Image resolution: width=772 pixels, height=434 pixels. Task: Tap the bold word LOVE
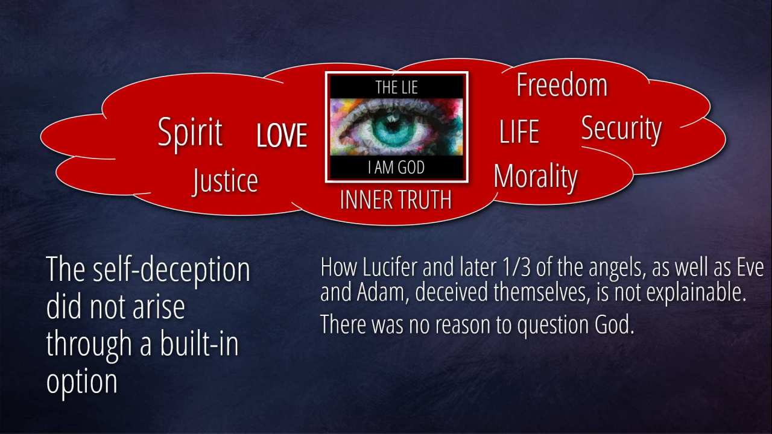tap(282, 136)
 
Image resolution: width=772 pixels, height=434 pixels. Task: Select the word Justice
tap(225, 181)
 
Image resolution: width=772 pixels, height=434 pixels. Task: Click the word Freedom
tap(562, 85)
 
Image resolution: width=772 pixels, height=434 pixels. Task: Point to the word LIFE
tap(519, 131)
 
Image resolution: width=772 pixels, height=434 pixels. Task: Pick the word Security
tap(621, 129)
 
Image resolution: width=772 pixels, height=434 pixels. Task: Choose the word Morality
tap(535, 177)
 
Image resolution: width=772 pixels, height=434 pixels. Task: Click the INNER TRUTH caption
tap(396, 200)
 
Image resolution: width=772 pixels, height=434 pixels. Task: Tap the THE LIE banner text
tap(397, 87)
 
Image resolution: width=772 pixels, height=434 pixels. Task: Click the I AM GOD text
tap(396, 168)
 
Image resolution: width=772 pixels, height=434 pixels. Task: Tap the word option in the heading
tap(81, 383)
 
